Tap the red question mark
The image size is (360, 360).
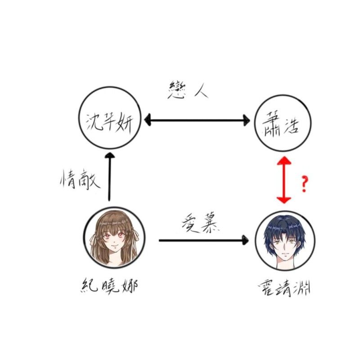click(305, 184)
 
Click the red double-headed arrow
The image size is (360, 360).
click(284, 180)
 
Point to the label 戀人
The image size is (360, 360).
click(188, 90)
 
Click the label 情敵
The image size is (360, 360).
click(80, 180)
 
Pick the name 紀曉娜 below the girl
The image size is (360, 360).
click(109, 285)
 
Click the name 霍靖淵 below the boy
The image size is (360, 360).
click(284, 288)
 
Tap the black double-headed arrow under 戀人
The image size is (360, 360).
click(197, 120)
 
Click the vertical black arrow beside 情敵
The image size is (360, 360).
click(109, 177)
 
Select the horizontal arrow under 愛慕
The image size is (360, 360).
click(204, 240)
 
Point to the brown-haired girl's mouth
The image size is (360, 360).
click(114, 249)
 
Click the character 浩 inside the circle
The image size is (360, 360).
click(291, 126)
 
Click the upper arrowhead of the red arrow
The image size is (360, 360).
click(284, 161)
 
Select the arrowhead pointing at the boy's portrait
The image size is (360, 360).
click(246, 240)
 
